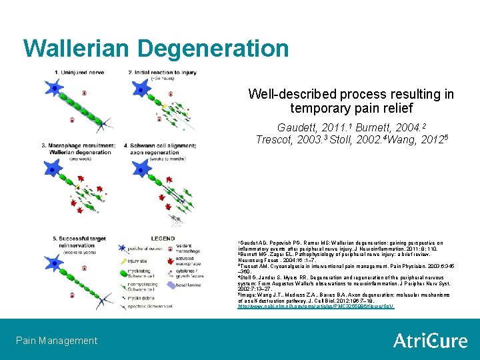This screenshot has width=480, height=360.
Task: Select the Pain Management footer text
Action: click(x=57, y=341)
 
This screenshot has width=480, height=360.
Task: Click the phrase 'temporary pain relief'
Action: click(x=351, y=107)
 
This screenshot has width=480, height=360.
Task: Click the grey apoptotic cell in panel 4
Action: click(x=175, y=218)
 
